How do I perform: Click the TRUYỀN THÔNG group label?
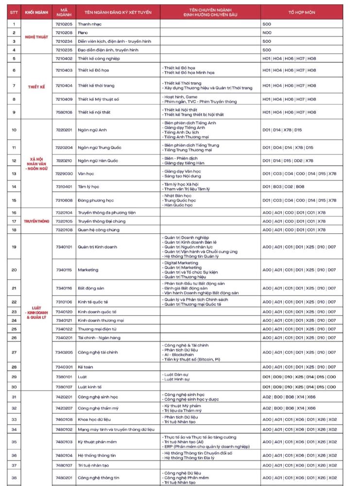[x=36, y=221]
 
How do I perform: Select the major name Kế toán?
[x=86, y=367]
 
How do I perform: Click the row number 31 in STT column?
[x=14, y=397]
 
